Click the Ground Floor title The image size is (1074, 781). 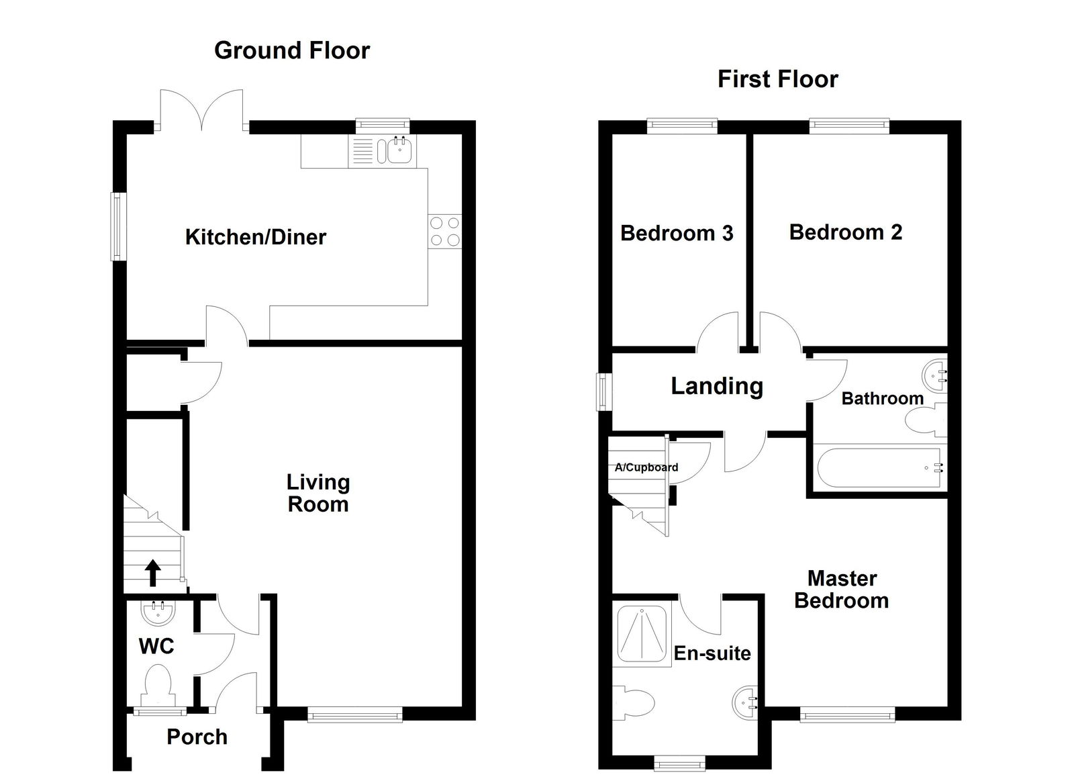(291, 50)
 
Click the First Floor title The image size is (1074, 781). (777, 79)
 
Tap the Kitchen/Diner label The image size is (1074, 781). (255, 237)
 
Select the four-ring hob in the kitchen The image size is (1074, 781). (445, 230)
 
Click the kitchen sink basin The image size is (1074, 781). (400, 150)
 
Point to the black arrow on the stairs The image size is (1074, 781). (153, 573)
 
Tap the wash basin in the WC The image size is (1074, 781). (159, 612)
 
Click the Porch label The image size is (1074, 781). (197, 737)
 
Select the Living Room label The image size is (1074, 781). (318, 493)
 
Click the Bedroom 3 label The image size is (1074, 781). (676, 233)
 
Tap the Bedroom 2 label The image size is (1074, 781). (845, 232)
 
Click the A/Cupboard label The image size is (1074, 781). (646, 467)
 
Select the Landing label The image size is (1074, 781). (717, 386)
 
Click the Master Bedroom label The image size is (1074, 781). (841, 589)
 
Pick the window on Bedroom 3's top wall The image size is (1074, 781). (682, 124)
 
